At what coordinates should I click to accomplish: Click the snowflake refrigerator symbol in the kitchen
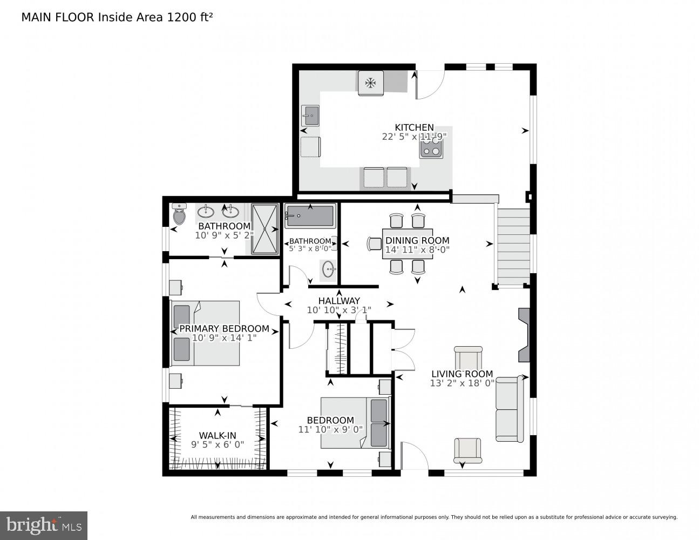point(370,83)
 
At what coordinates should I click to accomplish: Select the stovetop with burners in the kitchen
point(431,147)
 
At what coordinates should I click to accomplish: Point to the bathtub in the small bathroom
point(310,216)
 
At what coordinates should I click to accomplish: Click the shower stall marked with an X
point(264,229)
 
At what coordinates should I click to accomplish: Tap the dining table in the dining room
point(407,244)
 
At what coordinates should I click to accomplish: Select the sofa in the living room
point(510,409)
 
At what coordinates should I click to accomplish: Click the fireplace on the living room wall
point(524,335)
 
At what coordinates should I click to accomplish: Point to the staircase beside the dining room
point(513,246)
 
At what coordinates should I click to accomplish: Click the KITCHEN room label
point(414,127)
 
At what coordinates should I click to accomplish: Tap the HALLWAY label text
point(338,301)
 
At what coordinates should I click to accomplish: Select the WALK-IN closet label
point(218,435)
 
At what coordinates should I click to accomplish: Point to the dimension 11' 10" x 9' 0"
point(330,429)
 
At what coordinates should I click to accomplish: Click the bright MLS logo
point(43,525)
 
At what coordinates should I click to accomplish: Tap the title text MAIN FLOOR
point(58,17)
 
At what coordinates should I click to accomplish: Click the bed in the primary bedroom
point(205,333)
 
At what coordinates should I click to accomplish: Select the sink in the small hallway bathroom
point(328,269)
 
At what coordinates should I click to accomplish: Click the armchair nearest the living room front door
point(467,450)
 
